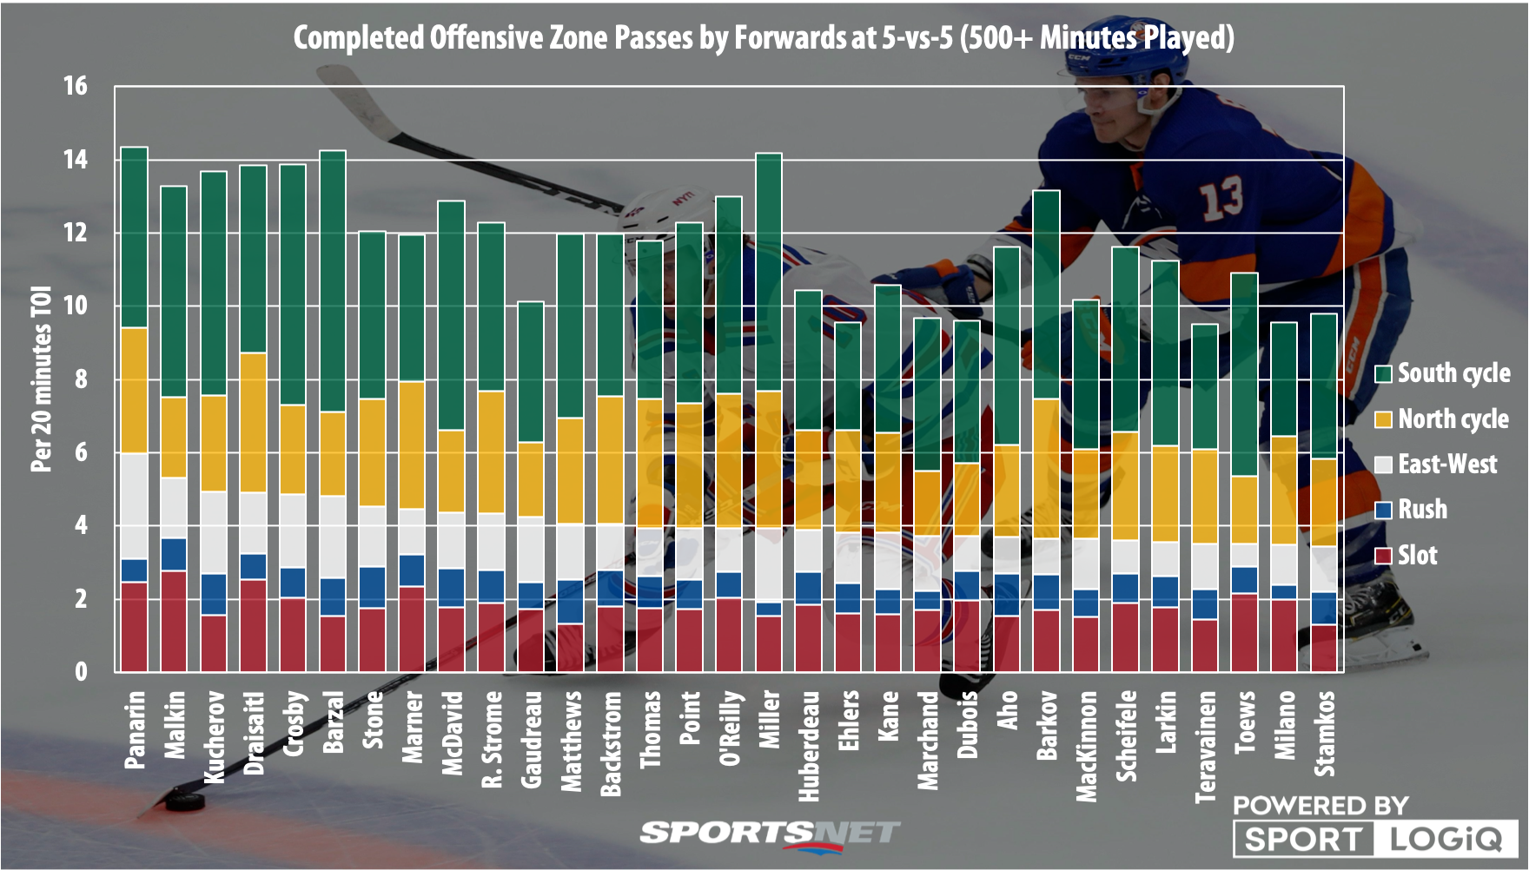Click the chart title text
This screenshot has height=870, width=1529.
point(763,38)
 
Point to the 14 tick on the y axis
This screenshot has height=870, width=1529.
point(75,160)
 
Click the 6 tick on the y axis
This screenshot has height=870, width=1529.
point(81,452)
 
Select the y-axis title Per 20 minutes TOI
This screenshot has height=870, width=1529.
point(41,379)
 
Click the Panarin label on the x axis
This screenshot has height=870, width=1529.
point(135,729)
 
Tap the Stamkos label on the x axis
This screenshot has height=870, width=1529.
point(1324,733)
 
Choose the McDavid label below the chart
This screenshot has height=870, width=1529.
point(452,732)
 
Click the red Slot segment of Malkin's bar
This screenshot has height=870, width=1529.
point(174,621)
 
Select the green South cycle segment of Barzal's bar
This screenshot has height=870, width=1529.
point(333,280)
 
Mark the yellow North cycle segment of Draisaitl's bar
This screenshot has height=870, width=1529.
point(253,422)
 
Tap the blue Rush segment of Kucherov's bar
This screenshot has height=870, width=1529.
point(214,595)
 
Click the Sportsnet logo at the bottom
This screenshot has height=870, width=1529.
point(769,834)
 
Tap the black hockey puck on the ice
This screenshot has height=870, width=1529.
point(184,800)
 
